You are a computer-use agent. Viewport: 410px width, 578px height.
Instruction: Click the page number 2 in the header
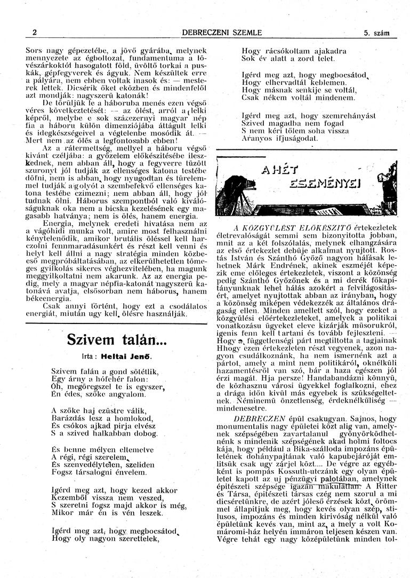pos(34,33)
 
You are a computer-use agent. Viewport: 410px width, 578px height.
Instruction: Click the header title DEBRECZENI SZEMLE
pos(222,33)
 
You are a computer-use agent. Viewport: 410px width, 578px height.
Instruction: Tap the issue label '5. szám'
pos(377,33)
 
